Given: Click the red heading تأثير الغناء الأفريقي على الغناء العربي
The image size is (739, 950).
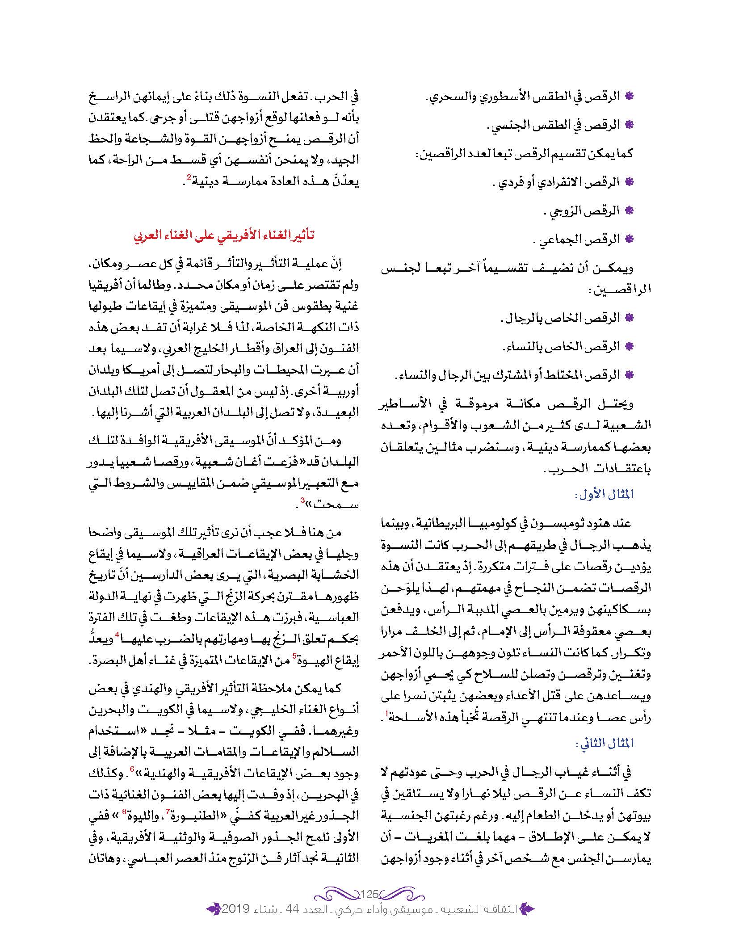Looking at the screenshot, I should pyautogui.click(x=224, y=235).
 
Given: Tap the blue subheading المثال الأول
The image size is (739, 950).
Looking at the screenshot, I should pyautogui.click(x=604, y=495).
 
